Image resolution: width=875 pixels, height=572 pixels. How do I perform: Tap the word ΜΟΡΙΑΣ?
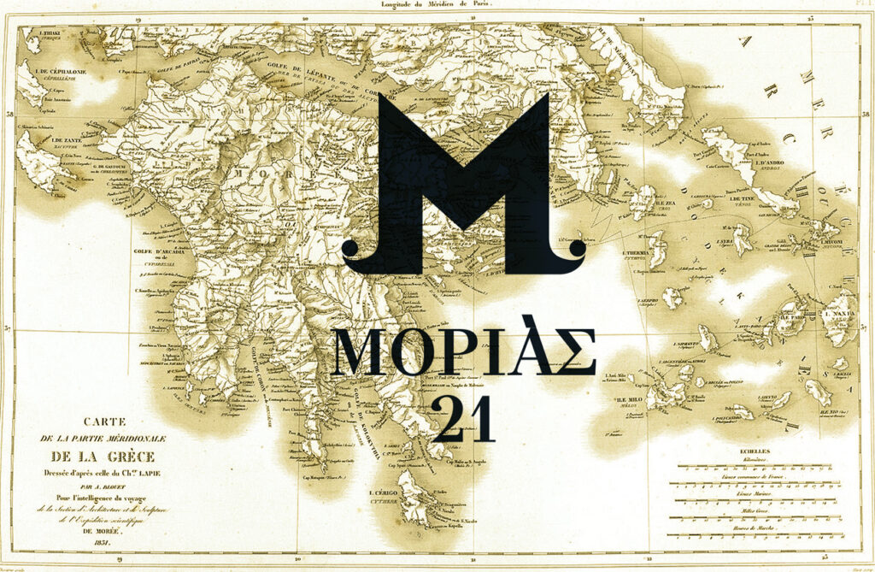pos(464,351)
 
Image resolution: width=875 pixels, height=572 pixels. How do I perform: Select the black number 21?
pos(464,417)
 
